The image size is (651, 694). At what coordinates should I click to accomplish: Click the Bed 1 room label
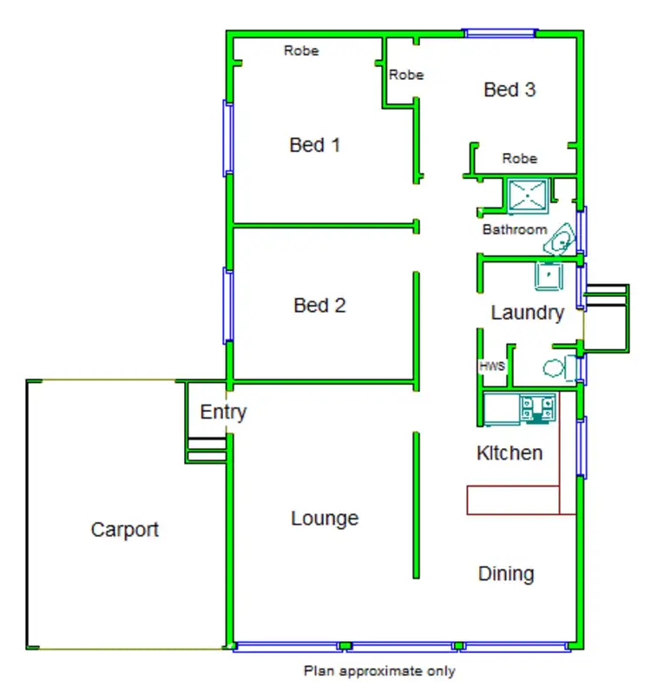coord(314,145)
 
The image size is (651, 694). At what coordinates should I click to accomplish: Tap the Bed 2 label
coord(319,306)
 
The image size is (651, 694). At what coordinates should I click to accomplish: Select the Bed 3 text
coord(510,89)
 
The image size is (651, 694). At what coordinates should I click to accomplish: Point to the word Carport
coord(125,530)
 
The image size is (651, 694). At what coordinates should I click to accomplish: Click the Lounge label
coord(325,519)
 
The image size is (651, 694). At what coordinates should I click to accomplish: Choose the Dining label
coord(506,573)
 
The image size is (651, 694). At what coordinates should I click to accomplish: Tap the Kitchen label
coord(510,453)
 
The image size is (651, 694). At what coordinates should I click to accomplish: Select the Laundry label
coord(528,313)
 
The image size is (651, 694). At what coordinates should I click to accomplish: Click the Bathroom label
coord(515,230)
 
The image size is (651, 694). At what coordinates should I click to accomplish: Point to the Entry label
coord(223,412)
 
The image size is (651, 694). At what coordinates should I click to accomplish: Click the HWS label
coord(492,367)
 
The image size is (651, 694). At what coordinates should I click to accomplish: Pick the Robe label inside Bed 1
coord(301,51)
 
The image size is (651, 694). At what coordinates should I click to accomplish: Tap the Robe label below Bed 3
coord(520,159)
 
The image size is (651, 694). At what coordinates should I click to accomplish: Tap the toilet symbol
coord(556,367)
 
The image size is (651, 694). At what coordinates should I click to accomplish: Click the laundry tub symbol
coord(549,275)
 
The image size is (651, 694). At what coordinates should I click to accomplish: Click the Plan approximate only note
coord(378,671)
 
